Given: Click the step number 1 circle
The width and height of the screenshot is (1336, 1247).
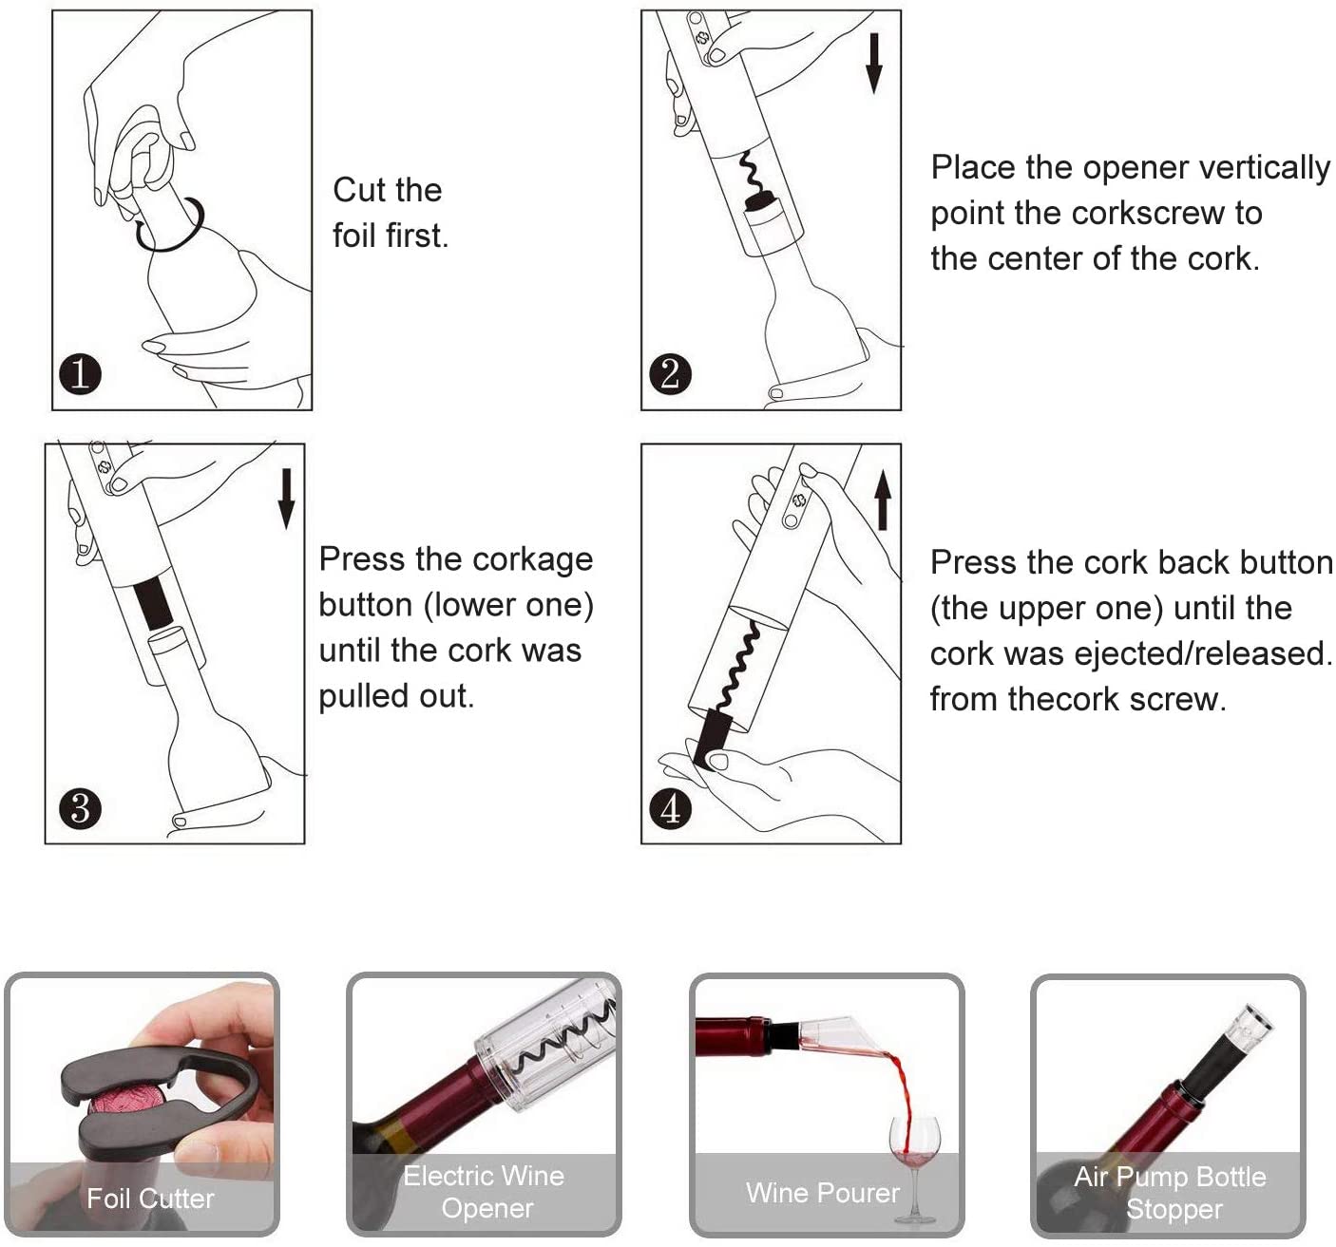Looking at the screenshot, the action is click(80, 374).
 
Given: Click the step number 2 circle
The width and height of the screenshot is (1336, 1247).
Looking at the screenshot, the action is click(670, 374).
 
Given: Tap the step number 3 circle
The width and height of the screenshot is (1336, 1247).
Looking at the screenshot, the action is click(80, 808).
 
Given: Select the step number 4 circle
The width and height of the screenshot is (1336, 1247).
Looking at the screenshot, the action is click(670, 808).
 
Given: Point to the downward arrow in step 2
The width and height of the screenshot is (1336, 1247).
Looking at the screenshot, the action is click(874, 65).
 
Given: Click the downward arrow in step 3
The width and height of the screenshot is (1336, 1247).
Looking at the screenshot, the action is click(287, 499).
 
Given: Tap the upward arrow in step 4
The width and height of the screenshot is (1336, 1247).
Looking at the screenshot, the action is click(884, 500).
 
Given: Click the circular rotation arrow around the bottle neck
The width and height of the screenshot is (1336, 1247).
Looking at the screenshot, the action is click(169, 225).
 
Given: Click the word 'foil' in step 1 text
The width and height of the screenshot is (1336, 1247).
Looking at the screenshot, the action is click(353, 236).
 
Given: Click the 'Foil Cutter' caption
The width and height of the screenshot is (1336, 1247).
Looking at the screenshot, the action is click(151, 1198).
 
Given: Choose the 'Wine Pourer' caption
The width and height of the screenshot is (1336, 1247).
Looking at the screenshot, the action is click(822, 1193).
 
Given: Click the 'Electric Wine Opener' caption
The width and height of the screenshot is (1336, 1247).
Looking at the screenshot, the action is click(485, 1192).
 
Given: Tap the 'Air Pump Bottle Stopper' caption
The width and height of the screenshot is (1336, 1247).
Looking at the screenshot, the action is click(1171, 1193).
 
